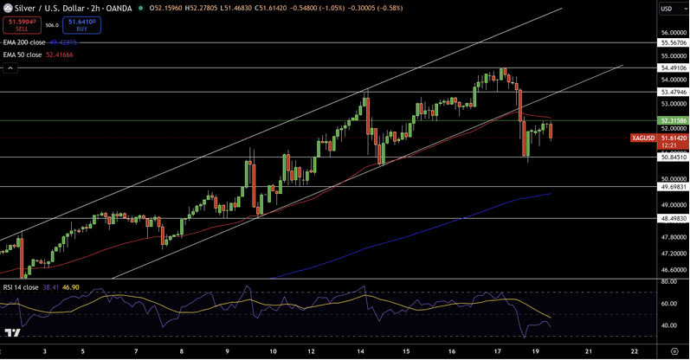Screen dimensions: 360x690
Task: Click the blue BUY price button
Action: coord(81,25)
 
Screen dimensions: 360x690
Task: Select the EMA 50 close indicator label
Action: coord(22,55)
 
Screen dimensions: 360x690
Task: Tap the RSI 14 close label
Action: coord(21,286)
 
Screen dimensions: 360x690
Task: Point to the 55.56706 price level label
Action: coord(673,42)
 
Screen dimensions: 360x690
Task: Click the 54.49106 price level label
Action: coord(673,67)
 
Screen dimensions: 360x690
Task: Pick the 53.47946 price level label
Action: coord(673,91)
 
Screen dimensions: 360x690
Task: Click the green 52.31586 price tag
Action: coord(673,120)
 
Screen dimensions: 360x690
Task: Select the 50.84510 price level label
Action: coord(673,157)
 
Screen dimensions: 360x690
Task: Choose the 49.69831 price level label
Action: coord(673,186)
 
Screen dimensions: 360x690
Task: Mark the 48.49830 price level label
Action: coord(673,219)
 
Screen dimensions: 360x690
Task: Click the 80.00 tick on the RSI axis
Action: coord(667,281)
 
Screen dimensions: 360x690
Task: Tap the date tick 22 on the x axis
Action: coord(635,352)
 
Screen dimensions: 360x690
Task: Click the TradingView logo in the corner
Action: coord(12,333)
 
